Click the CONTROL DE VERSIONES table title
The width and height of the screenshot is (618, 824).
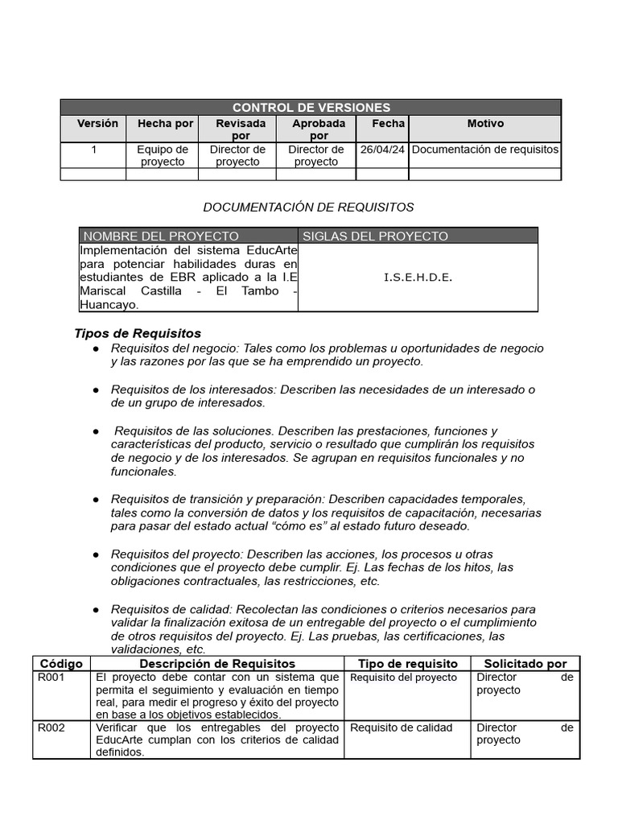coord(311,107)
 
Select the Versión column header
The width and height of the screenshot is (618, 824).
coord(97,124)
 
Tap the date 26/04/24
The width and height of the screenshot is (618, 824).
coord(382,150)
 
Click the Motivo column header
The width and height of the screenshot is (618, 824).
coord(485,124)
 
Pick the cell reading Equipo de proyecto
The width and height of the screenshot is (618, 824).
coord(162,155)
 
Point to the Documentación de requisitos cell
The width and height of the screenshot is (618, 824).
coord(484,150)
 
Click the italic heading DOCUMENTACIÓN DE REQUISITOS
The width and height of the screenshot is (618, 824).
coord(308,208)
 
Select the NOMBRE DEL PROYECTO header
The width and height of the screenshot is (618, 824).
coord(161,236)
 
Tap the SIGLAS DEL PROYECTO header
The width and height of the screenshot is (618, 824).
coord(375,236)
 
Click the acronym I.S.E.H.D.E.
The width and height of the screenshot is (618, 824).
coord(418,278)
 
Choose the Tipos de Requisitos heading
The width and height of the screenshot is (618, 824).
coord(138,333)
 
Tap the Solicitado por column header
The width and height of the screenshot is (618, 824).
coord(525,664)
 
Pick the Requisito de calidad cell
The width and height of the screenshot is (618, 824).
coord(401,727)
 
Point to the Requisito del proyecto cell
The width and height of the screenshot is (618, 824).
coord(403,678)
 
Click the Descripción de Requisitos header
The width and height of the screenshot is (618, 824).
coord(217,664)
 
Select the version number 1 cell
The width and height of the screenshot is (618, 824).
coord(93,150)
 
